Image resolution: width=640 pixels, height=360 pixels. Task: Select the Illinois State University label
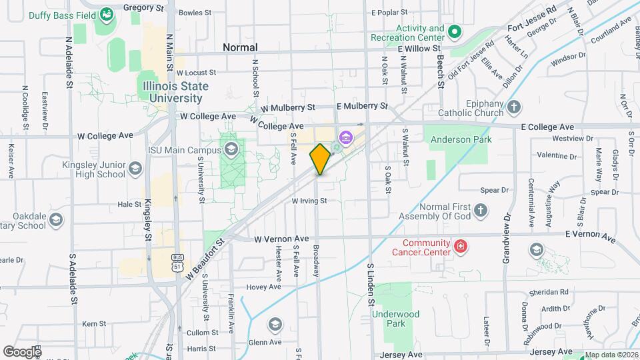tap(175, 92)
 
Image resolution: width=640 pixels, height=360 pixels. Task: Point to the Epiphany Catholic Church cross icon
tap(513, 107)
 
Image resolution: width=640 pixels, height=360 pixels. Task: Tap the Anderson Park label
tap(461, 139)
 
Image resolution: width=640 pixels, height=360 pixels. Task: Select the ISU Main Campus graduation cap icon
tap(231, 149)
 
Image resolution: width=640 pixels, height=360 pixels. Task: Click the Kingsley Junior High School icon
tap(136, 168)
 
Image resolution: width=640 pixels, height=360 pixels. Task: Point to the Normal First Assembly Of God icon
tap(482, 211)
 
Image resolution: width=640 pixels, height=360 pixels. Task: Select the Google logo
tap(23, 351)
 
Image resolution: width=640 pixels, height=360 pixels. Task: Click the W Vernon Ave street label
tap(281, 238)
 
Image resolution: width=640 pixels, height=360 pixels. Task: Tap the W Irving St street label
tap(309, 200)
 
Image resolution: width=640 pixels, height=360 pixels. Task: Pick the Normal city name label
tap(240, 47)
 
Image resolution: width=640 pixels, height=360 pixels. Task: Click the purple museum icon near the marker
tap(345, 138)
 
